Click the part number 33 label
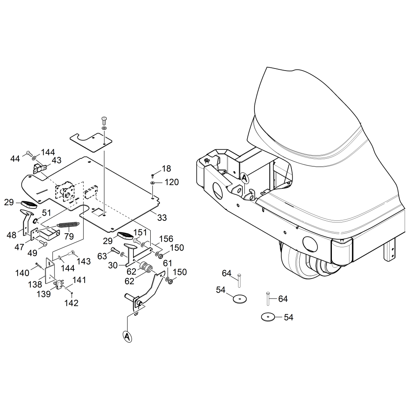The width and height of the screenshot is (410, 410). click(x=162, y=218)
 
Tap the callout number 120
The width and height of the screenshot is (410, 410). click(x=172, y=182)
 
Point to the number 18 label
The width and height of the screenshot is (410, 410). click(x=166, y=168)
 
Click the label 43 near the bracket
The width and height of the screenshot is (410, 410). click(x=57, y=160)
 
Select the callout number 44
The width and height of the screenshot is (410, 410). click(x=15, y=159)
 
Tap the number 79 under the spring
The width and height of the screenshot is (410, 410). click(x=69, y=236)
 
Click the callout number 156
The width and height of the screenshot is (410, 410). click(x=166, y=240)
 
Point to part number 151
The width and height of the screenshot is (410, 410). click(x=140, y=232)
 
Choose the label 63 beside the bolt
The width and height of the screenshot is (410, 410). click(x=103, y=255)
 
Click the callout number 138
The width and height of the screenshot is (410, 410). click(x=35, y=285)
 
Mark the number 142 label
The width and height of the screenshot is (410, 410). click(x=71, y=303)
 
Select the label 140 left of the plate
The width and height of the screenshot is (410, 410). click(x=23, y=273)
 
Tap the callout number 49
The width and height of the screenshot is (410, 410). click(x=32, y=252)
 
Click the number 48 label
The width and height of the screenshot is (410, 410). click(x=12, y=235)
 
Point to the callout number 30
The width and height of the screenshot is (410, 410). click(x=113, y=265)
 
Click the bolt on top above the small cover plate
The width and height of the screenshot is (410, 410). click(x=104, y=119)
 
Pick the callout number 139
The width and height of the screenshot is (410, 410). click(x=44, y=294)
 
